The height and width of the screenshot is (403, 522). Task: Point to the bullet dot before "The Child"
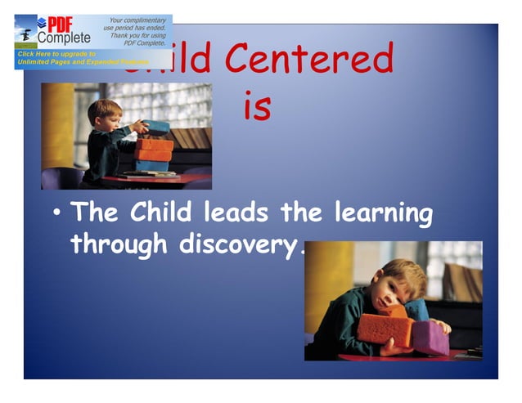pos(56,215)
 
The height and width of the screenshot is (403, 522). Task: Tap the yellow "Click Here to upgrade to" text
pos(57,54)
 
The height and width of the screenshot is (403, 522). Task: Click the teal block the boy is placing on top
pos(156,127)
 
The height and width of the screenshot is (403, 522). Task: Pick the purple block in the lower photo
pos(430,337)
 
